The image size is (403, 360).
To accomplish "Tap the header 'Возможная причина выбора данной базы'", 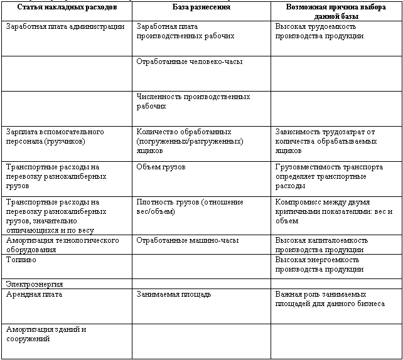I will (x=336, y=11).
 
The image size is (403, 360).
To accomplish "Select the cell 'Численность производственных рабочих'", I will (x=193, y=102).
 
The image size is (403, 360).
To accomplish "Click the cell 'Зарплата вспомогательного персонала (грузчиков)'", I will (x=55, y=137).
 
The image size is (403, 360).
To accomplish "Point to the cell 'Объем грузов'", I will (x=161, y=167).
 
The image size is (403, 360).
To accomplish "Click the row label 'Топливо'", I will (x=20, y=258).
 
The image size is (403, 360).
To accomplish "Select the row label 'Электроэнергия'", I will (x=34, y=284).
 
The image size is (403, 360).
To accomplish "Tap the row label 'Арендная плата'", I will (x=34, y=294).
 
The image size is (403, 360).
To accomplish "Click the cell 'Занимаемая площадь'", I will (x=173, y=294).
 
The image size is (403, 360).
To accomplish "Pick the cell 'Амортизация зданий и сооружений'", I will (x=46, y=333).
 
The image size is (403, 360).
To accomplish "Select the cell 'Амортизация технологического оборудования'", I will (x=62, y=245).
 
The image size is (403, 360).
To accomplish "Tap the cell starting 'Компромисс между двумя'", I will (x=333, y=211).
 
